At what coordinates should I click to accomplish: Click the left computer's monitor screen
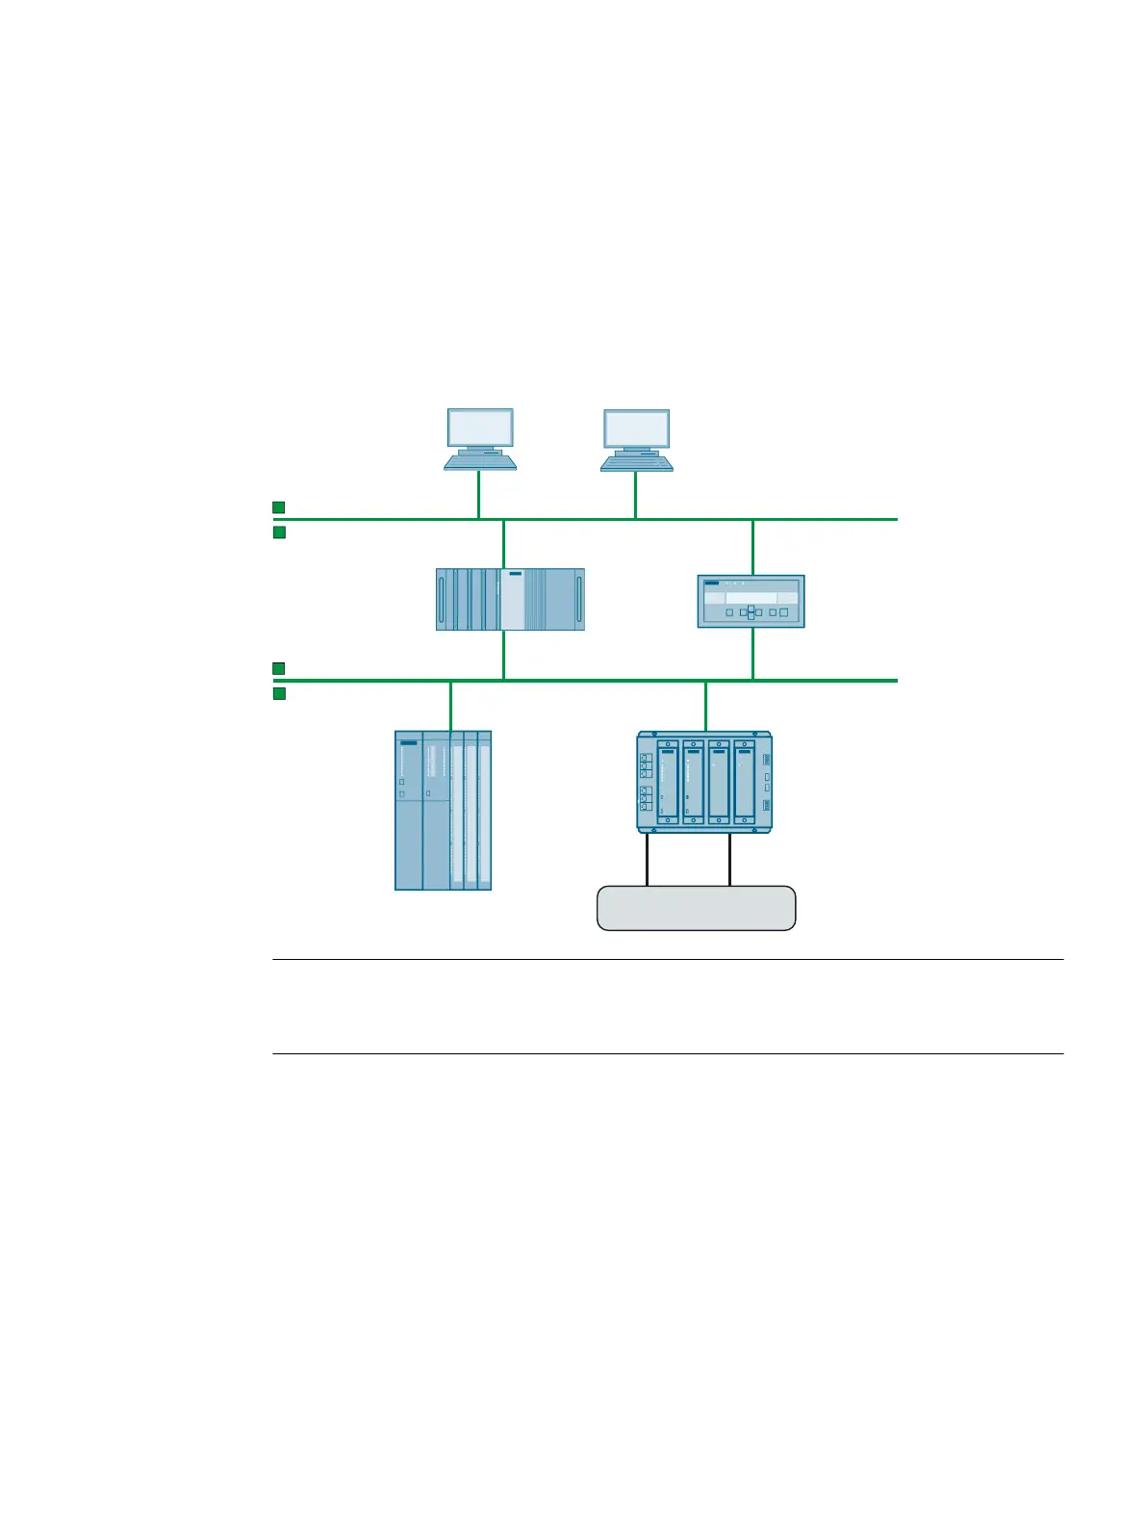point(480,427)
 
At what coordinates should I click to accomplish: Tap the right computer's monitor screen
point(637,428)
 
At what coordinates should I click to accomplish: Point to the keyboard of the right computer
point(637,464)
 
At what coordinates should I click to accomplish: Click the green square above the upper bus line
point(279,506)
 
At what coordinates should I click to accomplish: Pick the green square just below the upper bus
point(279,532)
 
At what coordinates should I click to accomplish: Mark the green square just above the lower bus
point(279,668)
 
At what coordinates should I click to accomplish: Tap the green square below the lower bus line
point(279,693)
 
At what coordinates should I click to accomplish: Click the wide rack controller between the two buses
point(510,599)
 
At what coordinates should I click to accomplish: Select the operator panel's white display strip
point(751,597)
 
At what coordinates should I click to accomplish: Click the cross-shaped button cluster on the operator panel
point(751,611)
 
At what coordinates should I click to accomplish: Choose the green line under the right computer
point(635,495)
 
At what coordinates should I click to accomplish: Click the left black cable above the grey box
point(647,859)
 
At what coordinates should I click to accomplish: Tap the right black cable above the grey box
point(729,859)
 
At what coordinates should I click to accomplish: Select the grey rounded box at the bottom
point(696,908)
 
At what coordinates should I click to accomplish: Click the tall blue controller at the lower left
point(443,810)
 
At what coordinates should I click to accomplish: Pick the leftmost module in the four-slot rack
point(667,781)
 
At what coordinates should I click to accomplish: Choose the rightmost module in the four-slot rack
point(745,781)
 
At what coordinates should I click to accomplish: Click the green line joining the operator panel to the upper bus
point(752,547)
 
